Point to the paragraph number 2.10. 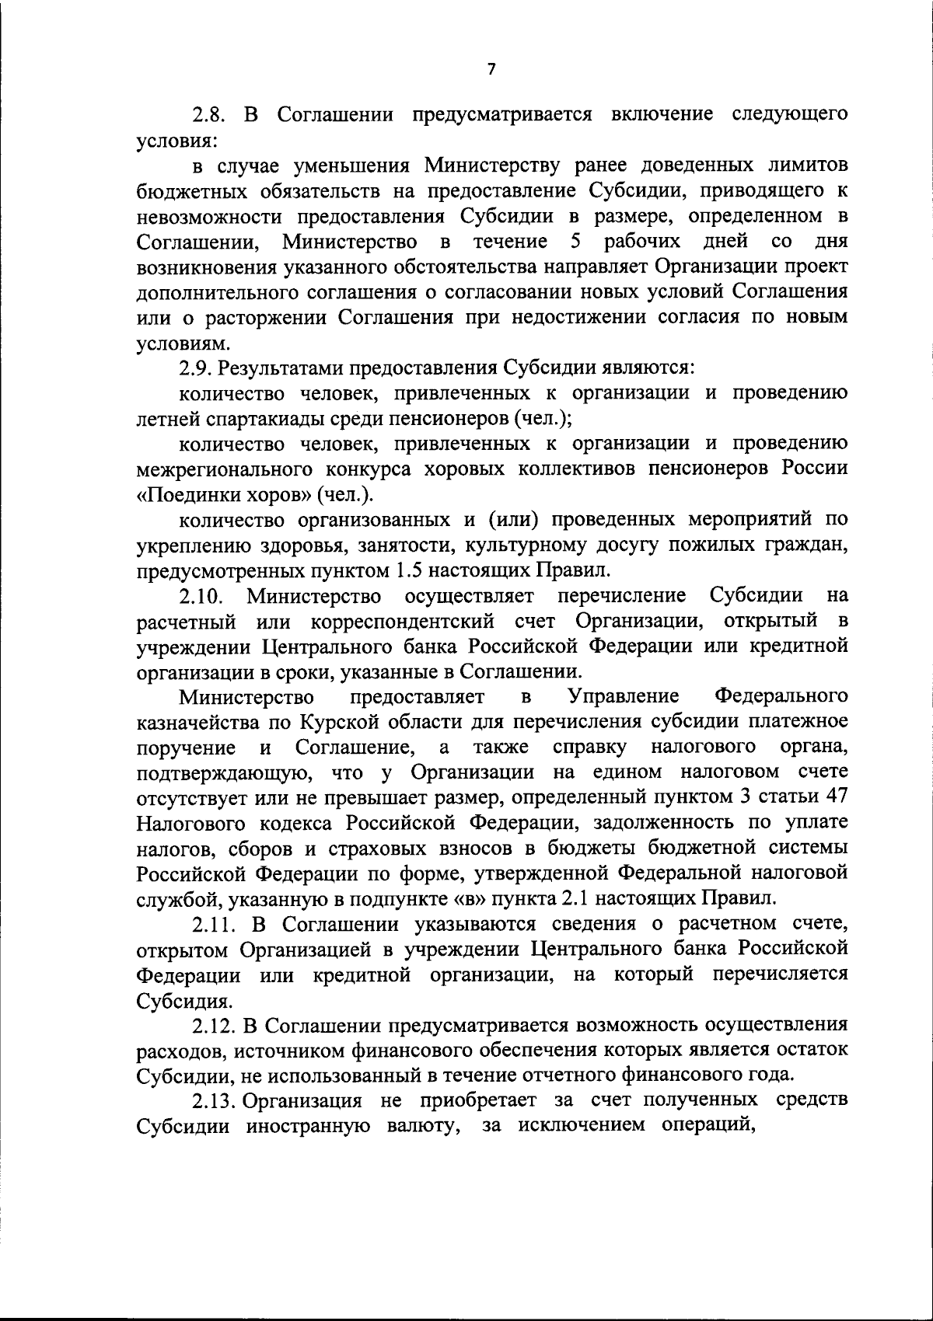click(201, 595)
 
